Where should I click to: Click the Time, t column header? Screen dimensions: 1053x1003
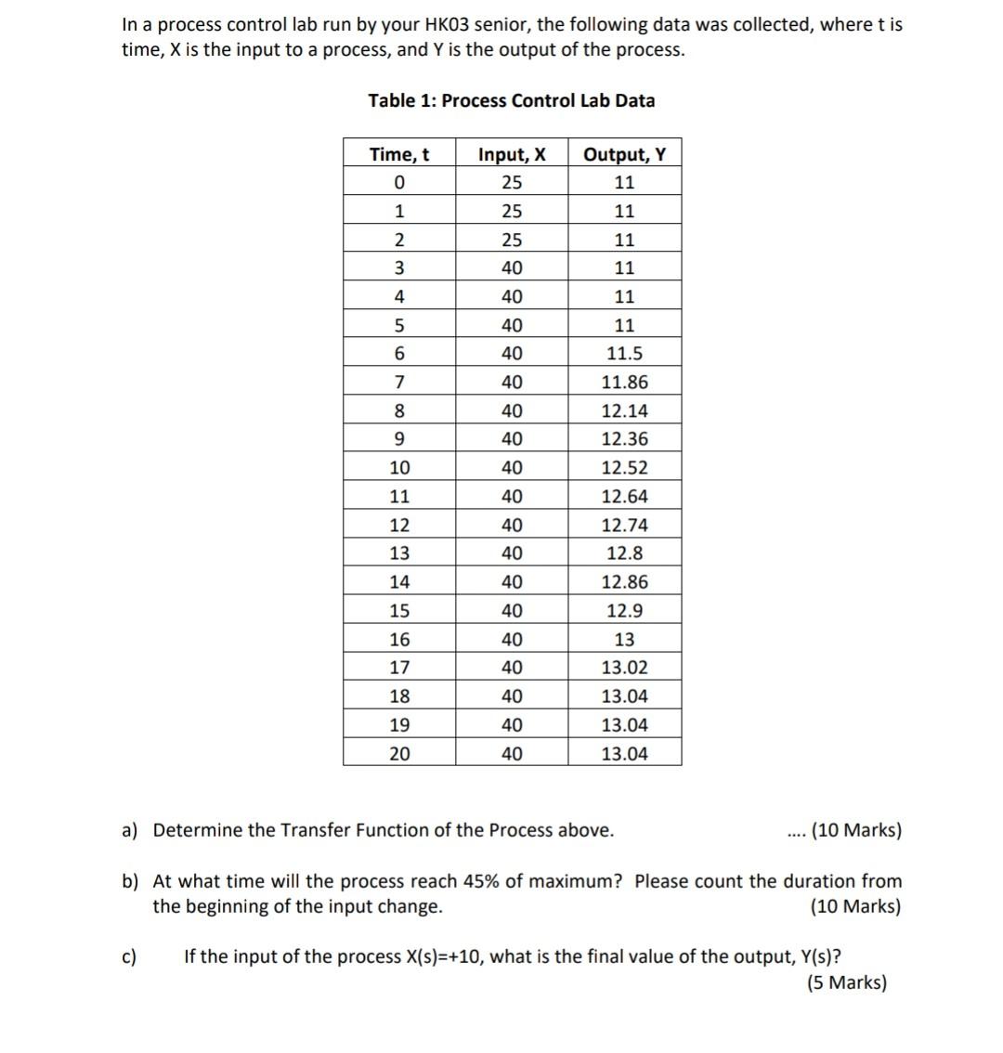[x=399, y=154]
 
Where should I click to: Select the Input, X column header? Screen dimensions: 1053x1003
[x=512, y=154]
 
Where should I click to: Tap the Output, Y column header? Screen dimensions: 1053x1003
[x=624, y=154]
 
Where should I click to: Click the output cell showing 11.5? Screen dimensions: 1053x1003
[x=624, y=354]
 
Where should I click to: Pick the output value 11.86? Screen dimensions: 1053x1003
[x=624, y=383]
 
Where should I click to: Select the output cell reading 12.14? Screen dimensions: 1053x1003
[x=624, y=411]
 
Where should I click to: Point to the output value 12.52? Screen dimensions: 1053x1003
[x=624, y=468]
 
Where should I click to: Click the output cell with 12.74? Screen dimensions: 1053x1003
[x=624, y=526]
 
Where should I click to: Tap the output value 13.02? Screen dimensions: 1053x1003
[x=624, y=668]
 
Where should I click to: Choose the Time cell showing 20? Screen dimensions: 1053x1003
[x=399, y=753]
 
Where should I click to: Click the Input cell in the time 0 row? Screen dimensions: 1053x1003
[x=512, y=182]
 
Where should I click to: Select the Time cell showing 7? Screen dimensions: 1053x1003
[x=399, y=383]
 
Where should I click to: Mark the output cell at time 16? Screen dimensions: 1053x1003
[x=624, y=640]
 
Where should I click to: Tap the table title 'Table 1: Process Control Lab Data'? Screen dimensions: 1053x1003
[x=511, y=100]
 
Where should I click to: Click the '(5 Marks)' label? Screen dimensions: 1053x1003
[x=847, y=982]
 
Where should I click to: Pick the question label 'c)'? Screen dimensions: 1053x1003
[x=130, y=956]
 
